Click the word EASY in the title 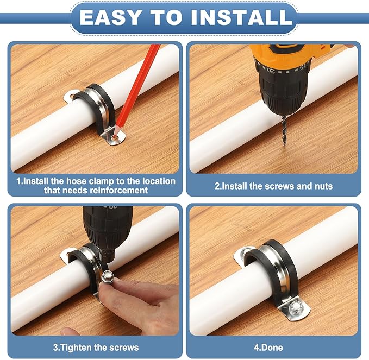110,17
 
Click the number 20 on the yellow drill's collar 271,70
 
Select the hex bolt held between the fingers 108,276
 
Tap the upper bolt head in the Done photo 246,251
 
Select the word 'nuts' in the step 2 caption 323,186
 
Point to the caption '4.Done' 268,348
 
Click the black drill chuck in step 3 108,228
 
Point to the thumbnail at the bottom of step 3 70,332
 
